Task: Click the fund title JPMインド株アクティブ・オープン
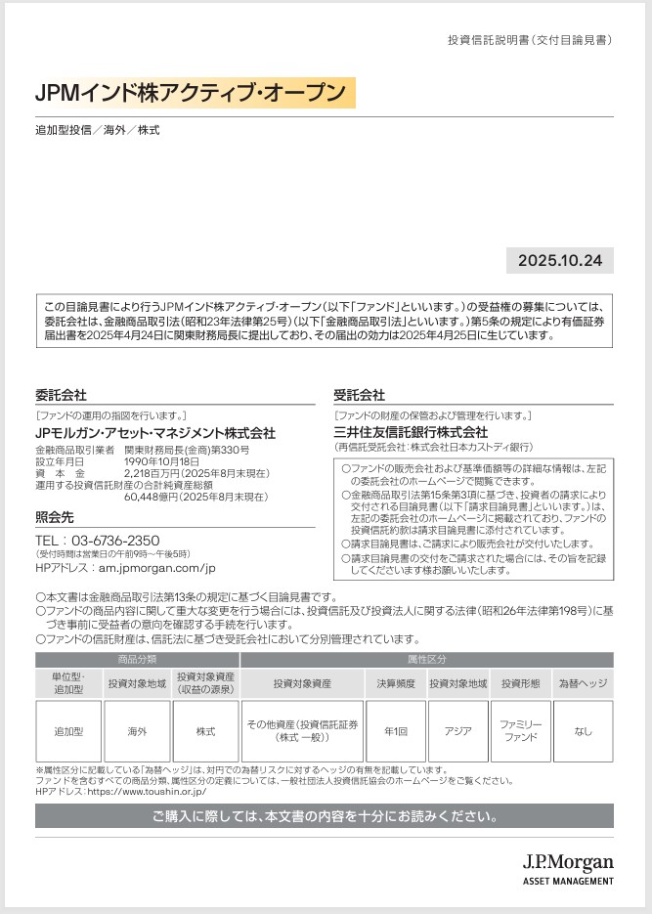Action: coord(191,93)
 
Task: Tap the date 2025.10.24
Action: coord(560,261)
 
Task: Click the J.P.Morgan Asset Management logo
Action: coord(567,867)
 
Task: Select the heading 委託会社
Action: coord(61,395)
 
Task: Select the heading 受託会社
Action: coord(359,395)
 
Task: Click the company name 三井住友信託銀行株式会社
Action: coord(411,431)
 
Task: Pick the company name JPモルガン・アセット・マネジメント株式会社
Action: coord(155,433)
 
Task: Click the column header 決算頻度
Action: coord(396,684)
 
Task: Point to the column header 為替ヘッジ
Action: coord(583,684)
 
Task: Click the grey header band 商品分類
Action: coord(137,660)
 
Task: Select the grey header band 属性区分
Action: coord(426,660)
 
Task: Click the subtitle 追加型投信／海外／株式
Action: coord(98,129)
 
